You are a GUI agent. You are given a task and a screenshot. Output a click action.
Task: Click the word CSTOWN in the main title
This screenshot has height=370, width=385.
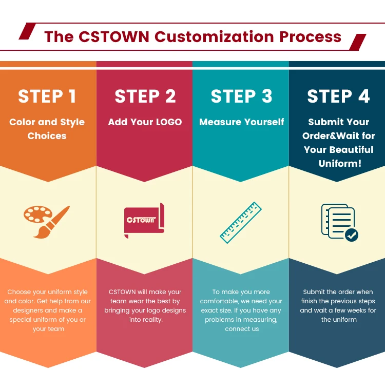coord(114,37)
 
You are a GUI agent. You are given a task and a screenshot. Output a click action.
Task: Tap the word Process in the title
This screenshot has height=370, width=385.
coord(311,37)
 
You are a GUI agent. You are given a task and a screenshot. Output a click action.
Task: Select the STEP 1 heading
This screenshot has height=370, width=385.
coord(47,96)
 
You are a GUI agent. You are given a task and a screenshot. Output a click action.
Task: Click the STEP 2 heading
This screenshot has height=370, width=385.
coord(145,96)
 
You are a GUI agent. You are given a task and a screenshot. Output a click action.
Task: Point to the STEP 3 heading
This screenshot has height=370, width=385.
coord(242,96)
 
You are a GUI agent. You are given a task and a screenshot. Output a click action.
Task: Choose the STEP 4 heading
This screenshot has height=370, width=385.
coord(338,96)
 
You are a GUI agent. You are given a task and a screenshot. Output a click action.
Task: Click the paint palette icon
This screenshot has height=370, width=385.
coord(37,214)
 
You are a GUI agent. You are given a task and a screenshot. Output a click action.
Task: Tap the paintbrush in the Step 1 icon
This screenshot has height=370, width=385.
coord(52,222)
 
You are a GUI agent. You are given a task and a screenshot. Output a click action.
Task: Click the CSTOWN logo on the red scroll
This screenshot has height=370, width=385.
coord(141,220)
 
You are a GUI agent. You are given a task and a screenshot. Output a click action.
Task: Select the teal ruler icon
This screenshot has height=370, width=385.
coord(241,223)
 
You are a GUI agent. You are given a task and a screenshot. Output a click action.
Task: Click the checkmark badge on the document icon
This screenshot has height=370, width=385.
coord(352,235)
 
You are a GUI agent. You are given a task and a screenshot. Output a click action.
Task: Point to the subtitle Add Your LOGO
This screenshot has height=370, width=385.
coord(145,122)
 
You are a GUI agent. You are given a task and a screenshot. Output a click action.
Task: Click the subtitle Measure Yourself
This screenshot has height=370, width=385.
coord(242,122)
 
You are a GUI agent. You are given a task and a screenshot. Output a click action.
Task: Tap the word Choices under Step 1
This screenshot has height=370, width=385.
coord(47,136)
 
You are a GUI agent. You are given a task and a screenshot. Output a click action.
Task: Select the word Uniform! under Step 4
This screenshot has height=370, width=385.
coord(340,164)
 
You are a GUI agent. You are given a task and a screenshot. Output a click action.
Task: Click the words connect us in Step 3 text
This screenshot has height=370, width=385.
coord(242,329)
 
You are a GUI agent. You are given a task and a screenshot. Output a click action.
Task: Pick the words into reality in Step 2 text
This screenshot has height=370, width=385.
coord(146,319)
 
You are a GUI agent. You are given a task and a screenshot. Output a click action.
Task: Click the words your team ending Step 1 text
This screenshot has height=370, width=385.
coord(48,329)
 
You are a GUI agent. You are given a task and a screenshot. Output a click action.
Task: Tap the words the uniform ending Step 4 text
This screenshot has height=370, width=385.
coord(339,319)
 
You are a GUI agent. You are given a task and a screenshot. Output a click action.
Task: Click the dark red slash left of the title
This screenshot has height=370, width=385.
coord(28,31)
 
